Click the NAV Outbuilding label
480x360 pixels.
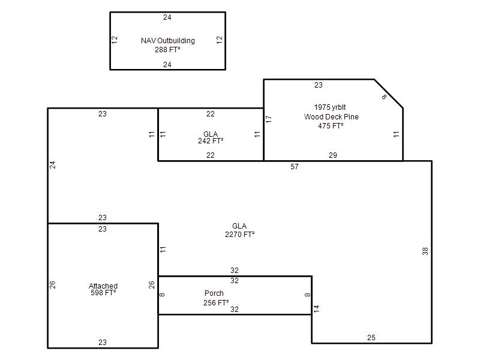[168, 41]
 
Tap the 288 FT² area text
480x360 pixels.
[167, 50]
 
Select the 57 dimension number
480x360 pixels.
[295, 167]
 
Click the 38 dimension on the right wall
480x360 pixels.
[425, 251]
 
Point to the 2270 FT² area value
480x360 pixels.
[239, 235]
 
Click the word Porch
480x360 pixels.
[214, 293]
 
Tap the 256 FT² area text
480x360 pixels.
[216, 303]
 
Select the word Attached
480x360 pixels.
[103, 286]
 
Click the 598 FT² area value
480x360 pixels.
[103, 293]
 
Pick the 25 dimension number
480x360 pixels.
[371, 338]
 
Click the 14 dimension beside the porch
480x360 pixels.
[317, 308]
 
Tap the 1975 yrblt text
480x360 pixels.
[330, 107]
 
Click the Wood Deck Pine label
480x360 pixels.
[331, 116]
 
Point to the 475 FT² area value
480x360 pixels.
[331, 126]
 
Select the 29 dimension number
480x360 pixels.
[333, 155]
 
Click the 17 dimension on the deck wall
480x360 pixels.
[269, 119]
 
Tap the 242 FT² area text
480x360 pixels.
[211, 141]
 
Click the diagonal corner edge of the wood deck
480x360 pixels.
[388, 94]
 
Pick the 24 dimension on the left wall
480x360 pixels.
[53, 165]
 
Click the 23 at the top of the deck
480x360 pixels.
[319, 85]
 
